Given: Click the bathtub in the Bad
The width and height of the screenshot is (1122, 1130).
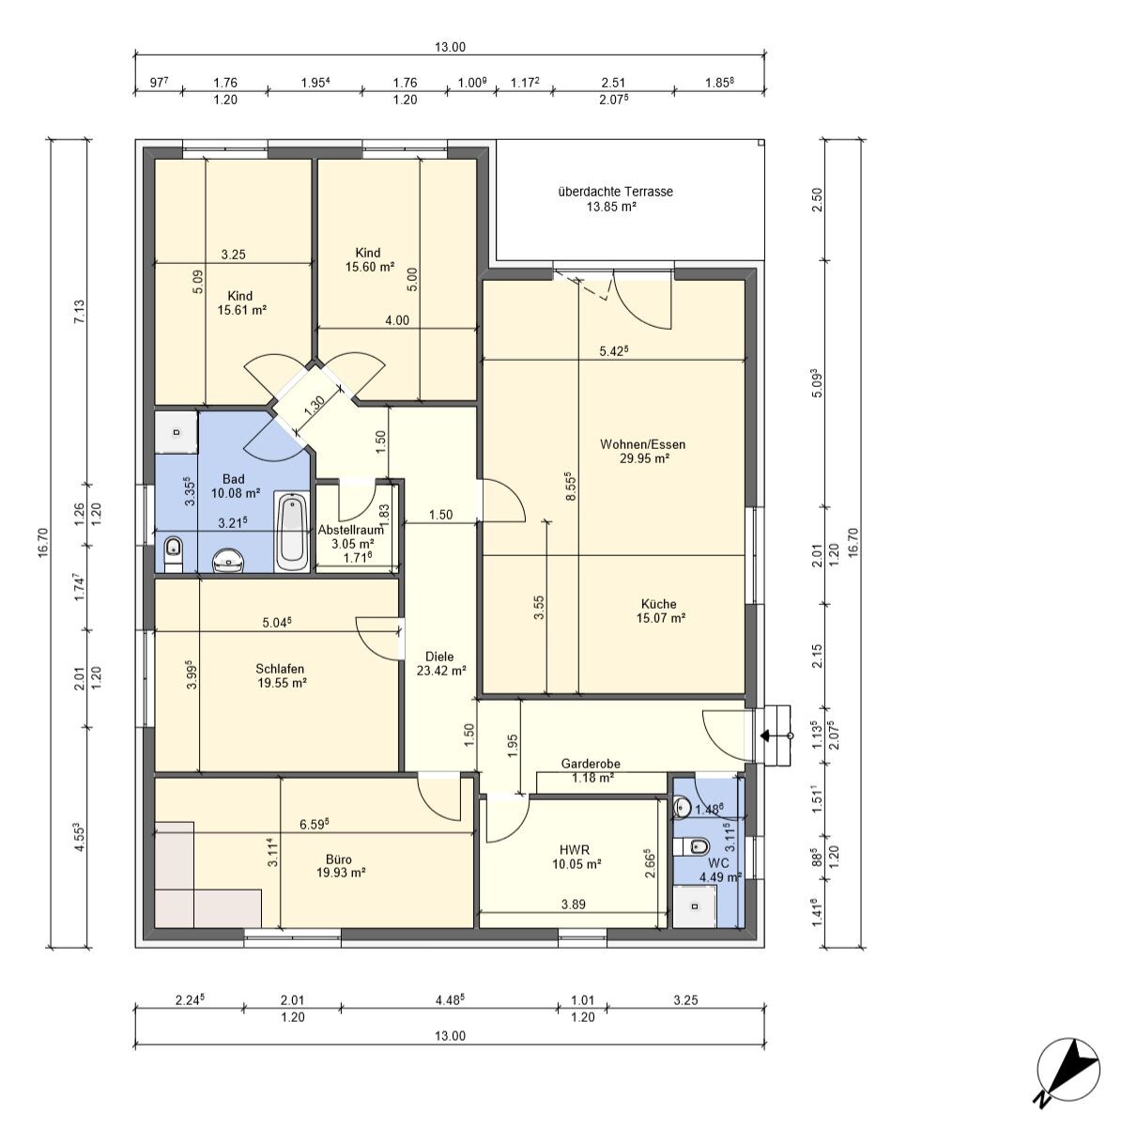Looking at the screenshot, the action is coord(292,532).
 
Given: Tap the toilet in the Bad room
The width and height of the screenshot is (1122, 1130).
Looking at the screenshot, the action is coord(174,553).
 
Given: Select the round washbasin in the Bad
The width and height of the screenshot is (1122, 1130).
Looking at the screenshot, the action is coord(228,561).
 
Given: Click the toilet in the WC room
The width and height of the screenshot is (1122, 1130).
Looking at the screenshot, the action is coord(692,846).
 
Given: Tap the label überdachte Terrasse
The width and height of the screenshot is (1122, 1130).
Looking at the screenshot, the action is coord(615,192).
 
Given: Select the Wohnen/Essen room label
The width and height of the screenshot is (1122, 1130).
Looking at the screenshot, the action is coord(642,444).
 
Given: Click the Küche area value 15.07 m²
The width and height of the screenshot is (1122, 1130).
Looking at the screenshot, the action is coord(661,617).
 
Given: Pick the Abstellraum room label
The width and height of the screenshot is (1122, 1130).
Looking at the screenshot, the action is coord(350,530).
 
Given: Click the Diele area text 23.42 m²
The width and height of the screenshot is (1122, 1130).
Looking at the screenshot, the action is coord(441,671).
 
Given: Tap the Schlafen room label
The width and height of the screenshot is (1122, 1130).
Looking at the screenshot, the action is coord(280,669).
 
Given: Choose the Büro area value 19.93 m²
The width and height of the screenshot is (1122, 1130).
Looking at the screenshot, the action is coord(341,873).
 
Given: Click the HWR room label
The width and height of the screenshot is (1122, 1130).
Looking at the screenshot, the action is coord(575,850).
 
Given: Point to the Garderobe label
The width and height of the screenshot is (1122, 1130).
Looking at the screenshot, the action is coord(591,764).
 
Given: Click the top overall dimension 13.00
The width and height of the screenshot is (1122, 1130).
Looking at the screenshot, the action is coord(450,47).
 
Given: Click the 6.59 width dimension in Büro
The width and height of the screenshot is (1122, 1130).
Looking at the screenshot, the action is coord(315,824).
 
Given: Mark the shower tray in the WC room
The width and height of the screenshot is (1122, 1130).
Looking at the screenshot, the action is coord(695,906).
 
